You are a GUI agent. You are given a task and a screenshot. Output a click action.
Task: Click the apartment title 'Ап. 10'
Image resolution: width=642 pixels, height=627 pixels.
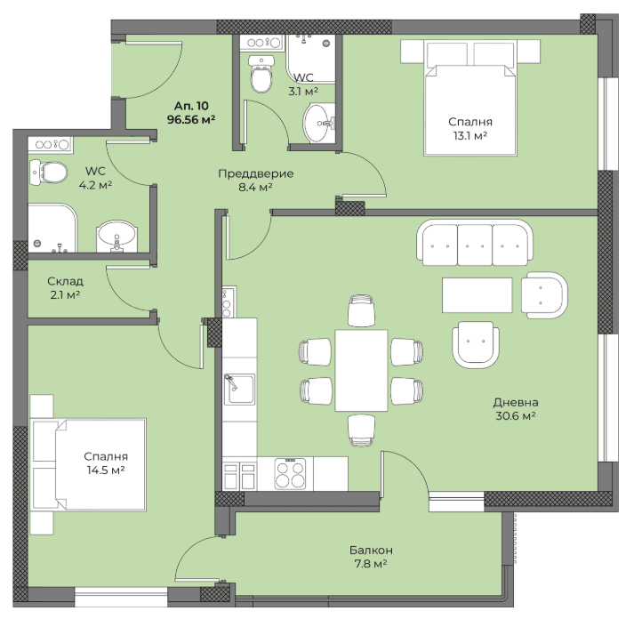tap(191, 106)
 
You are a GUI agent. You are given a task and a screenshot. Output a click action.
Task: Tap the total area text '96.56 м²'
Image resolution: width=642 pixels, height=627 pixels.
tap(191, 119)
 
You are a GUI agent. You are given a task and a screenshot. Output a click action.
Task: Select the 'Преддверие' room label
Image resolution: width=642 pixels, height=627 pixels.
tap(255, 173)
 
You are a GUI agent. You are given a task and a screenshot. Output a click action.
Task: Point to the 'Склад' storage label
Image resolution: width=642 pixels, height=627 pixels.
tap(65, 281)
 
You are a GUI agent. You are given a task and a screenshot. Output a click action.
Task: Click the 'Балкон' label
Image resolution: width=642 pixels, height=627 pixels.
tap(371, 550)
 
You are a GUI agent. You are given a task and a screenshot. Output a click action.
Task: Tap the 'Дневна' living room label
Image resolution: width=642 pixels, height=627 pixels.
tap(516, 402)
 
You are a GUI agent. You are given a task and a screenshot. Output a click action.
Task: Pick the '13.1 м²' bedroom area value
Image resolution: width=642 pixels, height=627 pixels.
tap(470, 135)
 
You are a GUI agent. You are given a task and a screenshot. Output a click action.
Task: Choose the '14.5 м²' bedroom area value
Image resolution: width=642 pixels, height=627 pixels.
tap(106, 470)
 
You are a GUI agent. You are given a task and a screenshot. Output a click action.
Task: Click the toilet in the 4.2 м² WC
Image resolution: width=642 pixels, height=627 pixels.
tap(48, 172)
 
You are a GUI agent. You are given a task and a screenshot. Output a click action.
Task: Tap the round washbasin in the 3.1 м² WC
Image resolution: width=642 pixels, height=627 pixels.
tap(319, 123)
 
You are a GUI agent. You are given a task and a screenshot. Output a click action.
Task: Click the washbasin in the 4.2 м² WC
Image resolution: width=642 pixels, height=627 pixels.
tap(116, 237)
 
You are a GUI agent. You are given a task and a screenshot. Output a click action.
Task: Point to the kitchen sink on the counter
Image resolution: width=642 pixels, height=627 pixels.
tap(239, 389)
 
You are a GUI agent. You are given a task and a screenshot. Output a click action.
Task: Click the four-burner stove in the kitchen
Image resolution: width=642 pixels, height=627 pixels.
tap(290, 473)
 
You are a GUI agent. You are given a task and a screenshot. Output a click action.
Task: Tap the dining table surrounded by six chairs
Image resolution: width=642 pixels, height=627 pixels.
tap(362, 370)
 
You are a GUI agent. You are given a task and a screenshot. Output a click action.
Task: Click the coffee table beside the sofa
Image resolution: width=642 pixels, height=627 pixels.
tap(477, 295)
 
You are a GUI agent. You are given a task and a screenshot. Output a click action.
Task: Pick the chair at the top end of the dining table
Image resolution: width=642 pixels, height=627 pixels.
tap(361, 310)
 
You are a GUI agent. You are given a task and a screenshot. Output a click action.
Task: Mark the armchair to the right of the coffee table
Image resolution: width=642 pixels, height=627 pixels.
tap(544, 295)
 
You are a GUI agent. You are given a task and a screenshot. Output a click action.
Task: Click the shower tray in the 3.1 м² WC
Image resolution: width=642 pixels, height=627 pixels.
tap(311, 59)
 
